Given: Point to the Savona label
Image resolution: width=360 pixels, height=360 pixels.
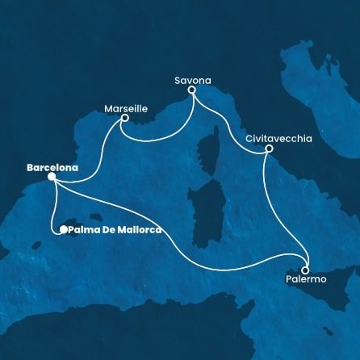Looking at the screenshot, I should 191,80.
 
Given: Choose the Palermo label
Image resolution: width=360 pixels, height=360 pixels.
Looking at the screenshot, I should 306,279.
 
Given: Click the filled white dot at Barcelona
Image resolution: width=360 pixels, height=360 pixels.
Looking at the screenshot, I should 51,176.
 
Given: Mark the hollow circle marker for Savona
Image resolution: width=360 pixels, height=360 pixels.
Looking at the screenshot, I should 192,91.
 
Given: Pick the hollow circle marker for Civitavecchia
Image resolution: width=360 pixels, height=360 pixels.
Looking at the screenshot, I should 269,149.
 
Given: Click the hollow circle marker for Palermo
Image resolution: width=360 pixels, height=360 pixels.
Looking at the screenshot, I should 307,270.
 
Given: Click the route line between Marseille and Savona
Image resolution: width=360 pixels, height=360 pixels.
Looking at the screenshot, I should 157,140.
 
